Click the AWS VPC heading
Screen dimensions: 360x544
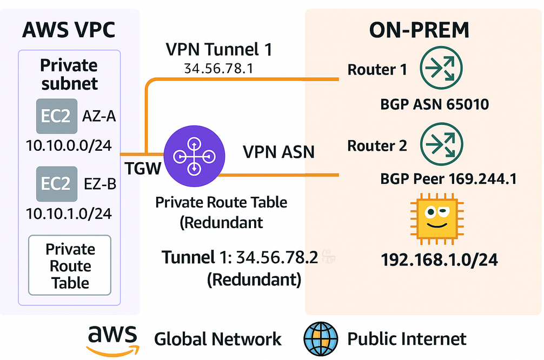tap(69, 30)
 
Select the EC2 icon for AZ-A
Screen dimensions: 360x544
tap(56, 116)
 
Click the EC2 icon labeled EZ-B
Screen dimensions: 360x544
tap(56, 184)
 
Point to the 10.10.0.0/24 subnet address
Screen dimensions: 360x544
tap(69, 145)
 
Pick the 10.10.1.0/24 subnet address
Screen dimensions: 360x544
tap(69, 213)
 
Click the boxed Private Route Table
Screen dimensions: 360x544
tap(70, 265)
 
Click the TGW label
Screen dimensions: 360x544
tap(143, 169)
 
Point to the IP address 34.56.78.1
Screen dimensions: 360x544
tap(219, 69)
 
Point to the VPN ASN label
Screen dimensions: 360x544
tap(278, 152)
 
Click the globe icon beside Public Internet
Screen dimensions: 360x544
tap(321, 339)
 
